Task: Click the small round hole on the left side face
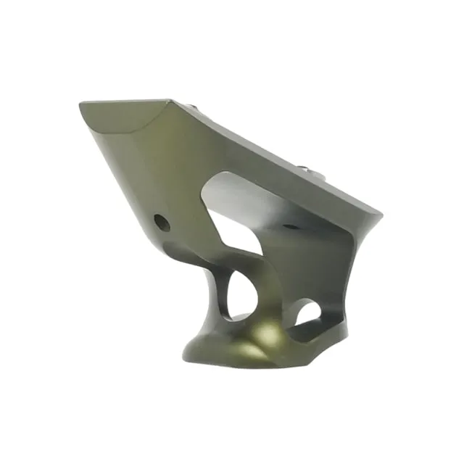point(163,223)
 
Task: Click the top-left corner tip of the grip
point(80,107)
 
